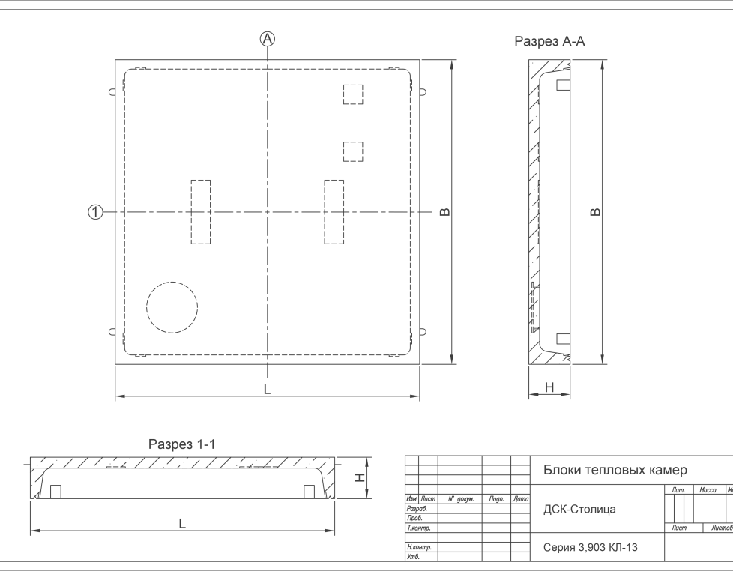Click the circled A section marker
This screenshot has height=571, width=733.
click(x=268, y=39)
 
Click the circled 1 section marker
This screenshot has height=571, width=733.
click(x=95, y=212)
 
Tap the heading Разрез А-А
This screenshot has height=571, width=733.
click(x=549, y=41)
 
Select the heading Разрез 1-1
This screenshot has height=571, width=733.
click(x=182, y=444)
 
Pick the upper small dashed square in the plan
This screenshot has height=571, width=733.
click(x=353, y=94)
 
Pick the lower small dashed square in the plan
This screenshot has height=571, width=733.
click(x=353, y=152)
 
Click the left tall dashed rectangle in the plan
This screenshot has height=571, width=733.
click(x=201, y=212)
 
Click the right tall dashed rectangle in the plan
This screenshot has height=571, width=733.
click(x=334, y=212)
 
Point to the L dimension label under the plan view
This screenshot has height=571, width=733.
click(x=267, y=389)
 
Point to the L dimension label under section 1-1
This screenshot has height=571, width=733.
click(x=182, y=524)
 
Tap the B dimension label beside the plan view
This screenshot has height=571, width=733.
click(x=445, y=212)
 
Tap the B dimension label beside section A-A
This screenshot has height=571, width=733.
click(x=595, y=212)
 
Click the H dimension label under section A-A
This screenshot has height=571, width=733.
click(x=550, y=387)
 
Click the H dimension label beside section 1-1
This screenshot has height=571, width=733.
click(x=360, y=477)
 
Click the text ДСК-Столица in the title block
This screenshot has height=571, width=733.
click(x=579, y=510)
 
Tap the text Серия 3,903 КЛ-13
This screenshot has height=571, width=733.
click(x=590, y=547)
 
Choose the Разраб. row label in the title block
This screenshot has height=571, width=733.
click(x=417, y=508)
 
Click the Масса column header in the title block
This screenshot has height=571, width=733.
click(x=708, y=489)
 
